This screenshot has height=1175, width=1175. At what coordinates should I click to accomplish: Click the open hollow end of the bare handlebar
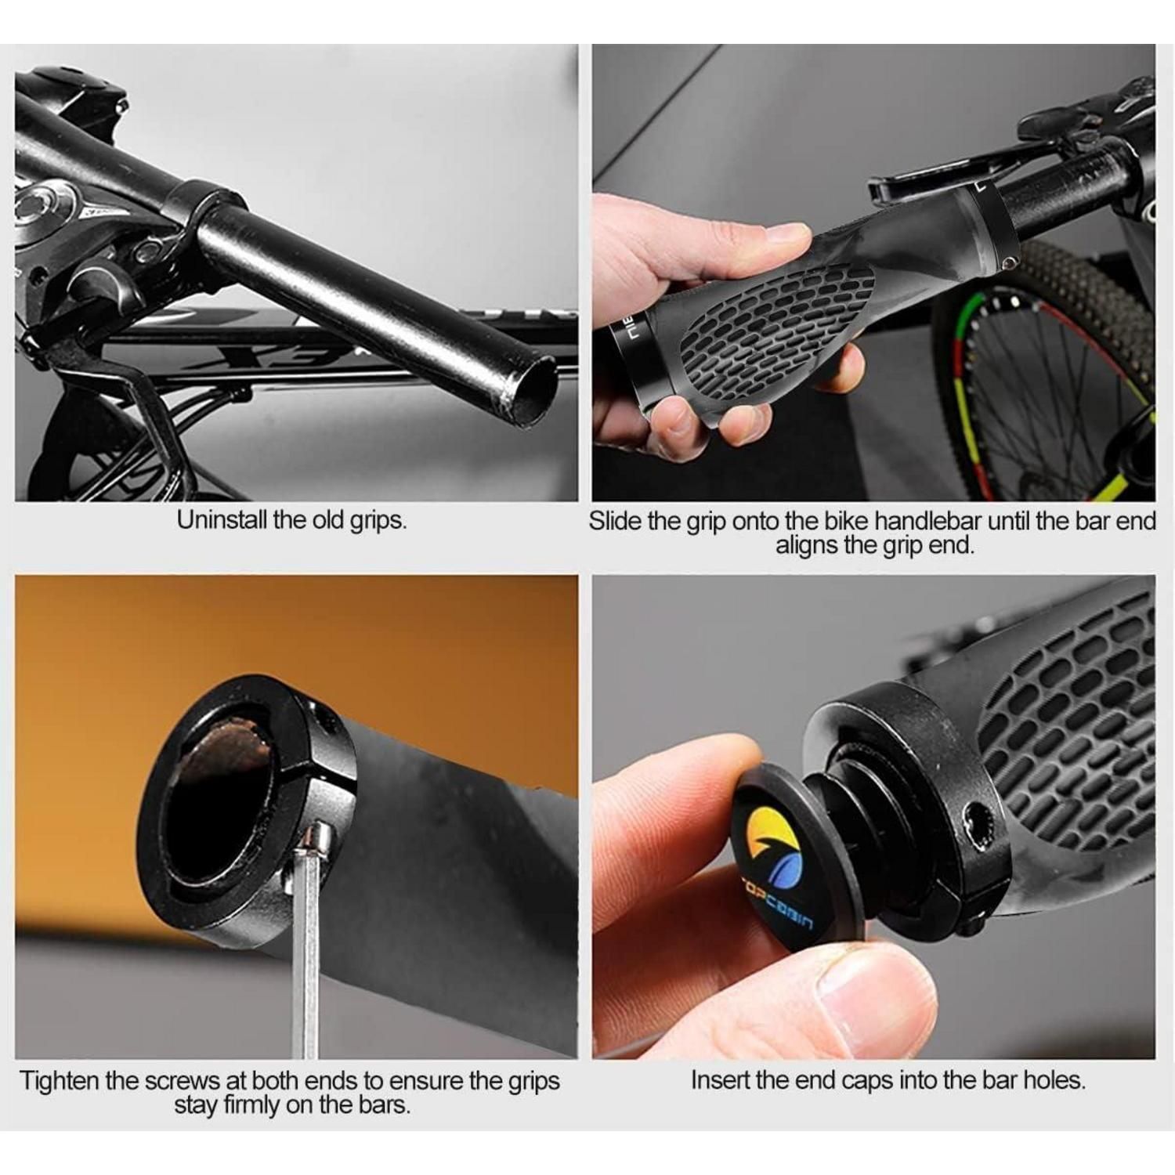530,389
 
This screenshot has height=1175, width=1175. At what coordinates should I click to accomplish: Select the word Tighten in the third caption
60,1081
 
